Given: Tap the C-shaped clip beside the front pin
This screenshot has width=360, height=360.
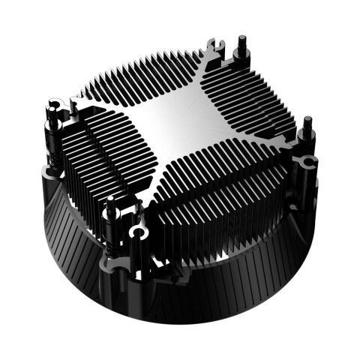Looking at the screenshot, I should (136, 234).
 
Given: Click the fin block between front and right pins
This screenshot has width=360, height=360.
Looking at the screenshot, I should (217, 187).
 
